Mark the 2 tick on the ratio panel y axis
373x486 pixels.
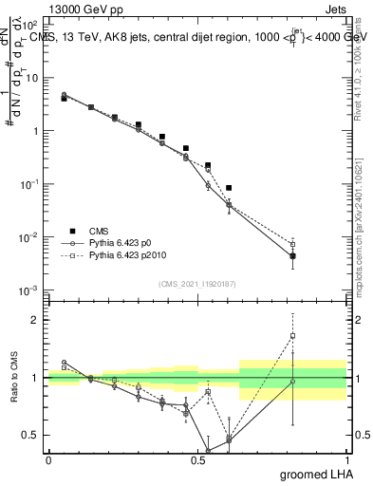pyautogui.click(x=37, y=320)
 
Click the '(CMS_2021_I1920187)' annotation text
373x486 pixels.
pyautogui.click(x=197, y=284)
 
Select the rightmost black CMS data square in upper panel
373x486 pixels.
pyautogui.click(x=293, y=256)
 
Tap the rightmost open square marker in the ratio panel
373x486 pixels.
pyautogui.click(x=293, y=335)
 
